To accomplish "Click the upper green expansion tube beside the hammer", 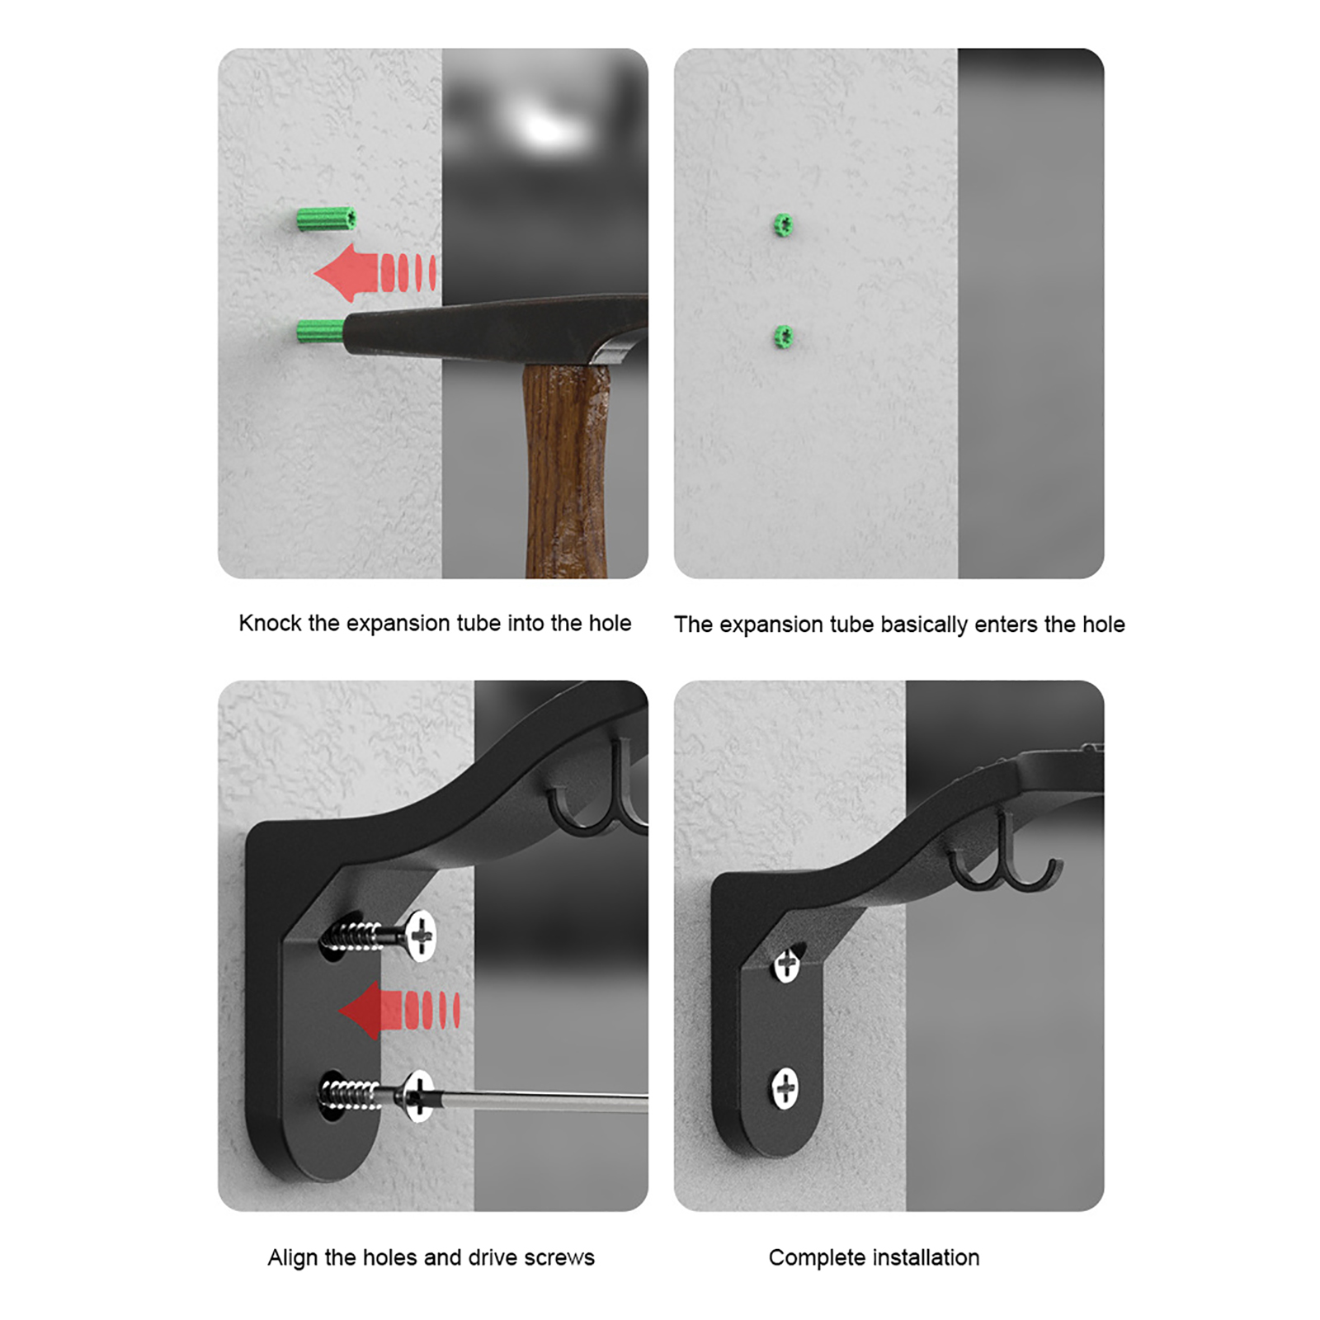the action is [327, 219].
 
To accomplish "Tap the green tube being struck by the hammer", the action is [320, 332].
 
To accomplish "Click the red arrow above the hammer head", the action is [375, 272].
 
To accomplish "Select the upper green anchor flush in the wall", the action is [783, 224].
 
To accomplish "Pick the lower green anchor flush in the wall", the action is [783, 337].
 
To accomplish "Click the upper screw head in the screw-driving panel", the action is [421, 936].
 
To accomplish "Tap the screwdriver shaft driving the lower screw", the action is [536, 1100].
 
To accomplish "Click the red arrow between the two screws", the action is [399, 1010].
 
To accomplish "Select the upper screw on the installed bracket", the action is [787, 962].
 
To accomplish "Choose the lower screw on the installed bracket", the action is [785, 1088].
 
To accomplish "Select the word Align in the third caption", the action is [292, 1258].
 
